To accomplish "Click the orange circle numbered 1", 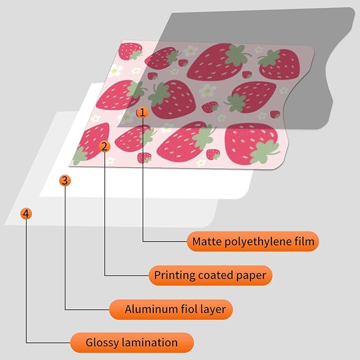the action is (142, 112).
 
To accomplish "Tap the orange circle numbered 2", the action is (104, 146).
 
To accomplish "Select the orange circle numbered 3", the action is (65, 180).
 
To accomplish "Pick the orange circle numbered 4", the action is (26, 214).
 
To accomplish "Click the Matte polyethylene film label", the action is (253, 241).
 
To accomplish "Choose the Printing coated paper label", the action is (210, 275).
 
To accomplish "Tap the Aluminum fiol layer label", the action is (171, 309).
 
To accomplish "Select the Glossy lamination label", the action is (132, 343).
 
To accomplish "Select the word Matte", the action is (207, 242).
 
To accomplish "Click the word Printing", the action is (175, 276).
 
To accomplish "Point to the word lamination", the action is (150, 343).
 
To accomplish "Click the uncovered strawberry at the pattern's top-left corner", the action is (130, 51).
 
